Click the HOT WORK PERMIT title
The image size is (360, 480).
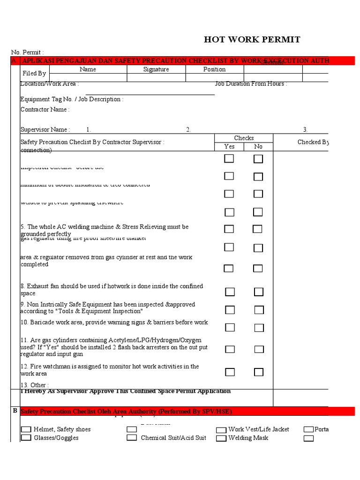(252, 39)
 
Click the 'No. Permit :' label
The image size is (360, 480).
(27, 52)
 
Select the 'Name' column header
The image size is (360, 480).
(88, 69)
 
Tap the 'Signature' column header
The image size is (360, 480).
(156, 69)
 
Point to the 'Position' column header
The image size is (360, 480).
(214, 69)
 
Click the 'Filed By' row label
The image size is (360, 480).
(34, 74)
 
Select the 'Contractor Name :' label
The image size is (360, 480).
(45, 110)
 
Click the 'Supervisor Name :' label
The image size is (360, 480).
(45, 130)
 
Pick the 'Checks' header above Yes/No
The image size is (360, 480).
(244, 138)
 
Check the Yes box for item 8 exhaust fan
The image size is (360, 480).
(230, 292)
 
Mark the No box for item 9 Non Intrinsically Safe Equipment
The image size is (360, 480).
(259, 310)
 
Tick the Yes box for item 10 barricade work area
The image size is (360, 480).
(230, 327)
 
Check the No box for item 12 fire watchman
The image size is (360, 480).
(259, 372)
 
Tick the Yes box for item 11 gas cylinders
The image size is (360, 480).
(230, 349)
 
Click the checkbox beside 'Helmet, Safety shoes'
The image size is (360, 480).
(26, 429)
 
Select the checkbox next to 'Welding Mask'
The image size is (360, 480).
(221, 438)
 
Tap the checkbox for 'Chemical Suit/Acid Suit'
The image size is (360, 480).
(132, 438)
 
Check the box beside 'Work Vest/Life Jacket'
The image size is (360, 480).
(221, 429)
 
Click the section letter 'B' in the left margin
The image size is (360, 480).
(15, 411)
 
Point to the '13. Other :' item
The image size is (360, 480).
(34, 385)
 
